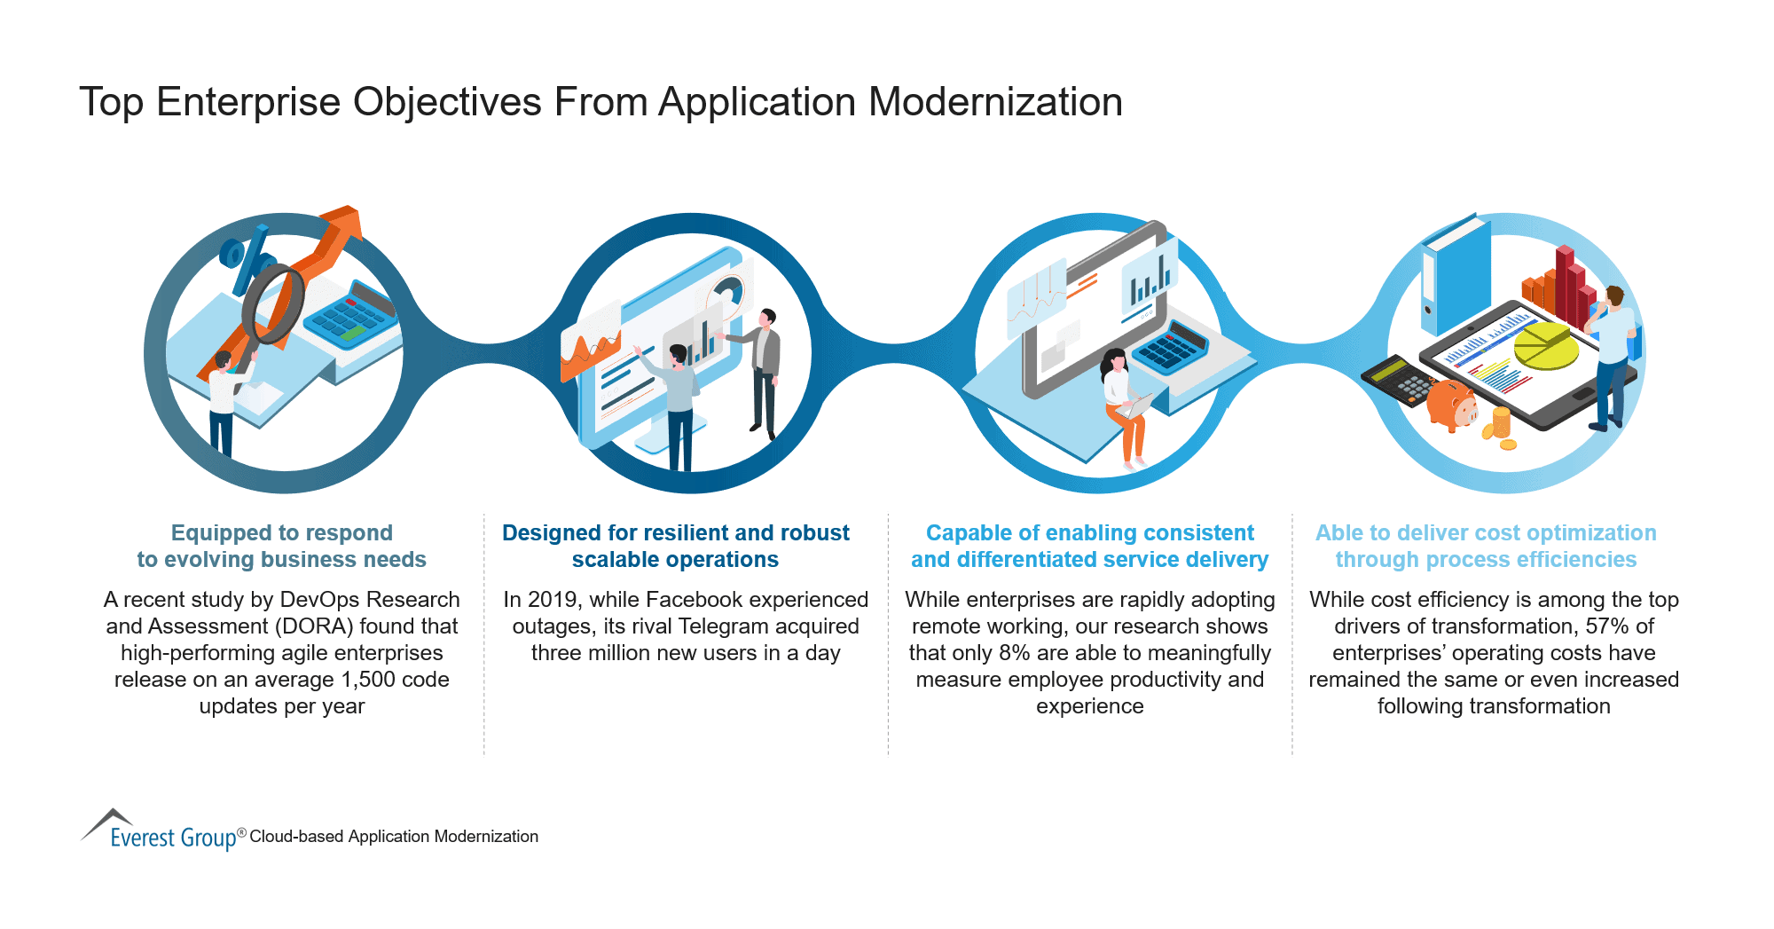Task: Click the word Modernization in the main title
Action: (x=995, y=102)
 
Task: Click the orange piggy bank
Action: (x=1451, y=404)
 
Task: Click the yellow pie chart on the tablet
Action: (x=1545, y=345)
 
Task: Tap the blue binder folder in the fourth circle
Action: (x=1455, y=275)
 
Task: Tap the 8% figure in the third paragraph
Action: (x=1014, y=653)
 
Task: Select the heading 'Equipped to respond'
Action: (x=281, y=532)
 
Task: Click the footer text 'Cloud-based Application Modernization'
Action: (x=394, y=837)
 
